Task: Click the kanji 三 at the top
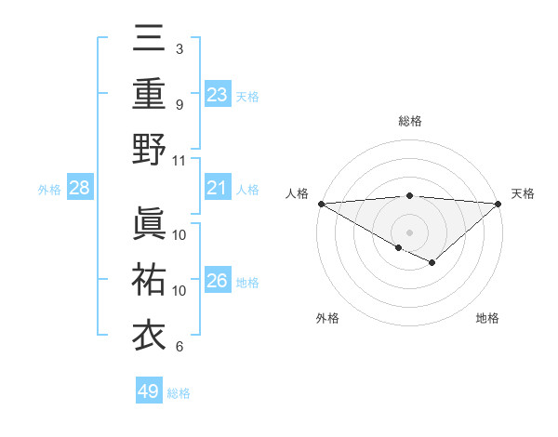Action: tap(149, 38)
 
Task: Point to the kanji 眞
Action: tap(149, 223)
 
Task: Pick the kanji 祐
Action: tap(149, 278)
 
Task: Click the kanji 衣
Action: tap(149, 334)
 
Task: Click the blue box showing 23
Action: tap(217, 94)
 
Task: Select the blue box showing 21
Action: tap(217, 189)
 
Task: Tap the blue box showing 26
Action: tap(217, 281)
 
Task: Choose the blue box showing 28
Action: tap(80, 189)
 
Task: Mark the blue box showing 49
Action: tap(148, 391)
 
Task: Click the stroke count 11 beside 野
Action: tap(179, 160)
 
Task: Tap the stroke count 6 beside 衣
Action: tap(179, 347)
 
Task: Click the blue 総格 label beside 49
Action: tap(179, 393)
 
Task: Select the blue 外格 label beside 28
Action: tap(49, 190)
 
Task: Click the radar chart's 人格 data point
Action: tap(321, 204)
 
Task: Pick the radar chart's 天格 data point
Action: tap(498, 204)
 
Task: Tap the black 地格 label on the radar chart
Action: tap(487, 318)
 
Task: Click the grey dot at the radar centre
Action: tap(409, 232)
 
